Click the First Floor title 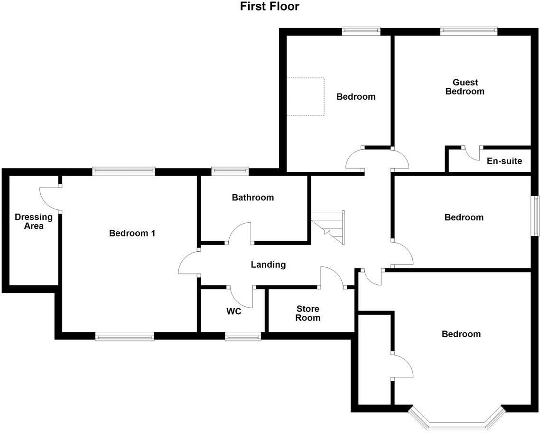270,7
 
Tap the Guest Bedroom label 465,87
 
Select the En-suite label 504,161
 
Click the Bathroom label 252,198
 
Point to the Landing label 268,265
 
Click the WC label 233,311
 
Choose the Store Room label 307,313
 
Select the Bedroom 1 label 132,233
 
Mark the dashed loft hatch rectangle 305,96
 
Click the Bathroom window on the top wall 230,171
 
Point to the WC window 243,336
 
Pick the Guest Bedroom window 468,32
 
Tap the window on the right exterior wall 535,216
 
